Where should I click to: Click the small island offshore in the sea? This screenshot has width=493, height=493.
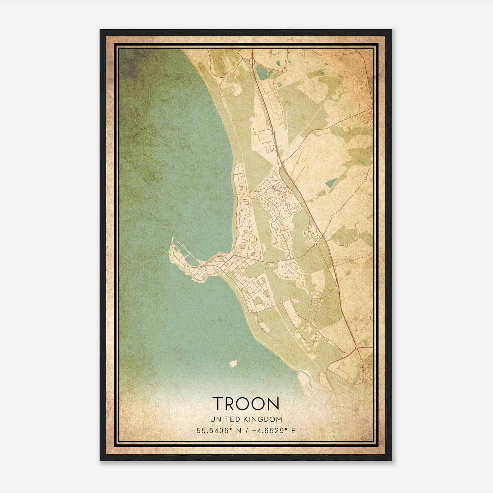click(x=233, y=363)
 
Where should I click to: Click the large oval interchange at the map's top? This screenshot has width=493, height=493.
click(x=252, y=62)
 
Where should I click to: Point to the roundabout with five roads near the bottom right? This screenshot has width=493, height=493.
click(x=357, y=348)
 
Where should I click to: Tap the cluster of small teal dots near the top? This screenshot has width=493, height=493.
click(x=280, y=84)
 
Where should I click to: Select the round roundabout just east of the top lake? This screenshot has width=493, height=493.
click(x=284, y=70)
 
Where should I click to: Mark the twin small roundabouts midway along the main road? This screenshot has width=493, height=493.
click(x=273, y=133)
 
